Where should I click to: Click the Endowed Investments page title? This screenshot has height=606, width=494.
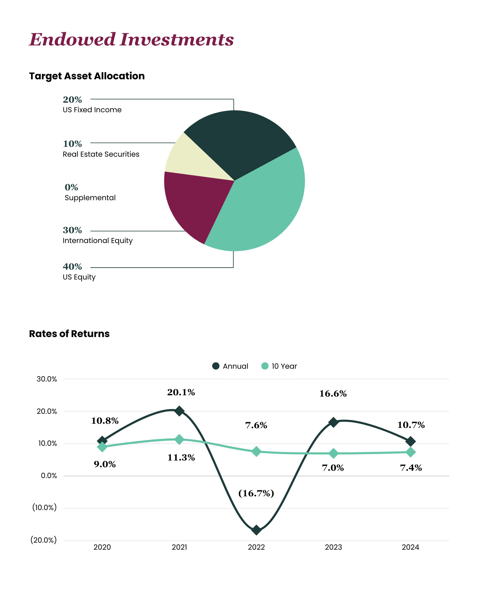(x=131, y=40)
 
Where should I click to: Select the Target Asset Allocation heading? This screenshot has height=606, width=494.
(x=87, y=76)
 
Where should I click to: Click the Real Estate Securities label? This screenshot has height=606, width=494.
(x=101, y=154)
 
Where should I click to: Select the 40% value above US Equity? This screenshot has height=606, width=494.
(x=72, y=266)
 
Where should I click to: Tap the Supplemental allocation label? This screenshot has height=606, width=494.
(x=90, y=198)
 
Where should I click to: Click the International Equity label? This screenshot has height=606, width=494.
(x=98, y=240)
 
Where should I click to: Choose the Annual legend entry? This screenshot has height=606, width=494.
(x=231, y=366)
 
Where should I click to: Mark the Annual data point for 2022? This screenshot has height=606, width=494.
(x=256, y=530)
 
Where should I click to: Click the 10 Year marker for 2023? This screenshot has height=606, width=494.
(x=333, y=453)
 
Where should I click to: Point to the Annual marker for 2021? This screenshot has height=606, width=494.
(x=179, y=411)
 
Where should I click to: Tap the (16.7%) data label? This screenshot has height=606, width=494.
(x=256, y=493)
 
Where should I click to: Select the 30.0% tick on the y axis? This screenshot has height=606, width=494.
(x=47, y=379)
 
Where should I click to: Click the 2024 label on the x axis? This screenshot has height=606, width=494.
(x=410, y=547)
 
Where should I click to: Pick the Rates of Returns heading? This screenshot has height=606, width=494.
(x=69, y=334)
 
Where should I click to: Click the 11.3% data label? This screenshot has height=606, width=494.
(x=181, y=458)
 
